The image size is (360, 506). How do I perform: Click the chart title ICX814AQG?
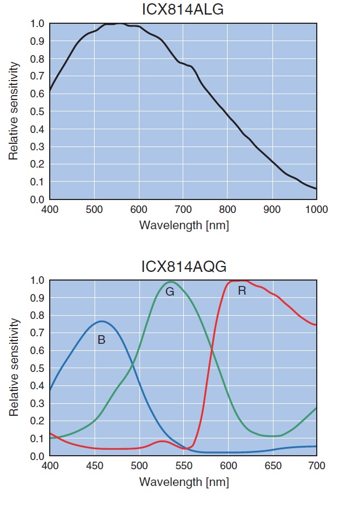pos(183,267)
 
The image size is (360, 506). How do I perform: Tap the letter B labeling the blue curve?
pos(101,340)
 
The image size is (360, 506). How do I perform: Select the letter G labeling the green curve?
pos(169,292)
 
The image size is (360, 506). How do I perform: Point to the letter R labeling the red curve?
pos(242,291)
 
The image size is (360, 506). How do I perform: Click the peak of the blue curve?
pos(102,321)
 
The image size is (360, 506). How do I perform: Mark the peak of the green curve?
pos(171,282)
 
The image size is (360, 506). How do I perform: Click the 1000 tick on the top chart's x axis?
pos(316,209)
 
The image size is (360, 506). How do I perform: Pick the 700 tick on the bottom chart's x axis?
pos(316,465)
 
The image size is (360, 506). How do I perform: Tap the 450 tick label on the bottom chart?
pos(94,465)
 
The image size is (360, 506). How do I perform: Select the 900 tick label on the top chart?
pos(272,209)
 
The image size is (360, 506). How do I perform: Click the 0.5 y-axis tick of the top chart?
pos(37,111)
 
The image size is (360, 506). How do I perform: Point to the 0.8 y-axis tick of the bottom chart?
pos(37,315)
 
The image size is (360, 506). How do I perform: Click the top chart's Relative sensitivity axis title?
pos(15,111)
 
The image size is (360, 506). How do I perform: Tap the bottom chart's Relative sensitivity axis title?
pos(15,368)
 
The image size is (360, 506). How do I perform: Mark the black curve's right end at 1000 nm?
pos(316,189)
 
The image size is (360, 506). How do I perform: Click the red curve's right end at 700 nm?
pos(316,325)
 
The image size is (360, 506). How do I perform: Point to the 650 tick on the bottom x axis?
pos(272,465)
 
